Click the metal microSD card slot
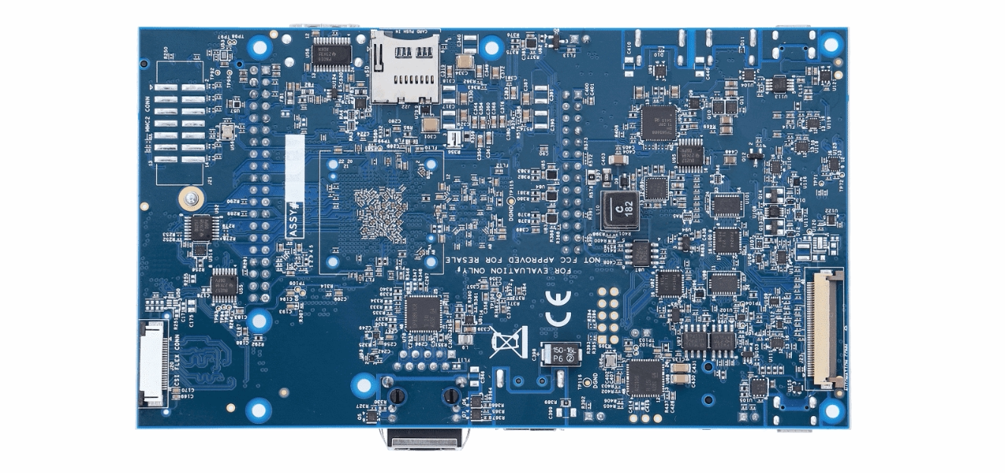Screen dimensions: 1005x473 tap(405, 67)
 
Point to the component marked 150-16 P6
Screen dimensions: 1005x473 tap(562, 354)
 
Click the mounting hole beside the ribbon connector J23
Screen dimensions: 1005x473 tap(832, 411)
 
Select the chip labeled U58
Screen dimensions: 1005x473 tap(331, 53)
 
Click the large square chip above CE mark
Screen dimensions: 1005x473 tap(422, 313)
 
